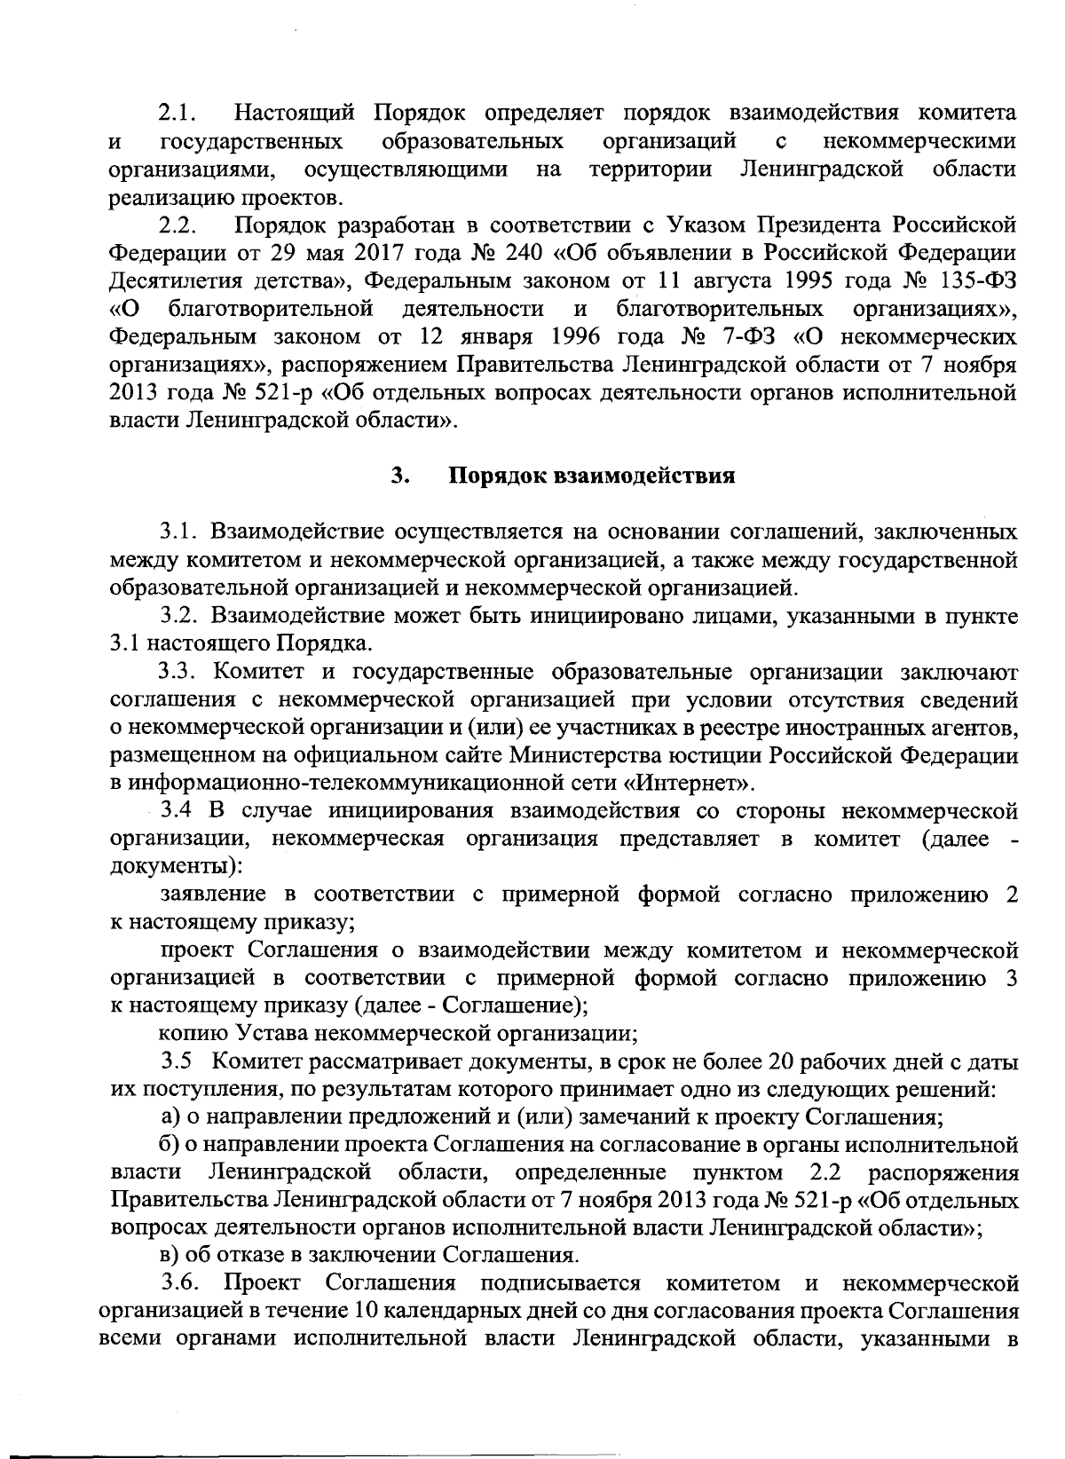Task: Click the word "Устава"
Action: [264, 1034]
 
